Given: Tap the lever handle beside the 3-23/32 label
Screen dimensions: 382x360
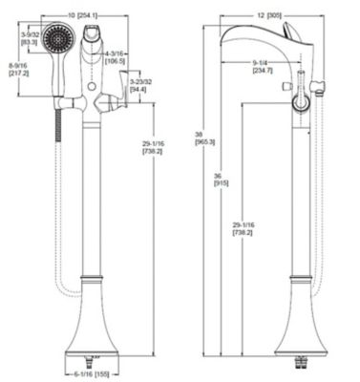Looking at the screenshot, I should point(119,96).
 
